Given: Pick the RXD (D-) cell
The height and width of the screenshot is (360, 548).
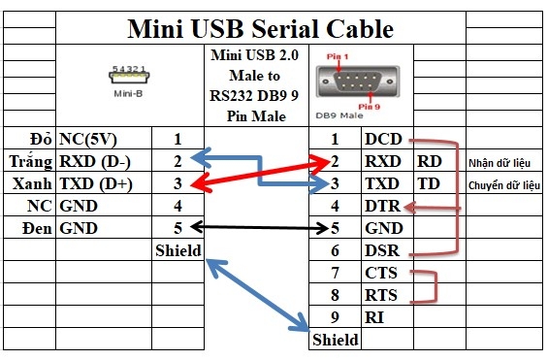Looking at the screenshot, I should (x=96, y=161).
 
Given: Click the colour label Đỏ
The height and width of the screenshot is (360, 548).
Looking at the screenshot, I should (x=41, y=139).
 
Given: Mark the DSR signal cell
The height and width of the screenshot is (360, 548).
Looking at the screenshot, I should (x=382, y=250).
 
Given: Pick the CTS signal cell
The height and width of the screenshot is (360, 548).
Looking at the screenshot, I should (x=382, y=273).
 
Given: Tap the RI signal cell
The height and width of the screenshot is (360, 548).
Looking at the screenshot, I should (x=374, y=315).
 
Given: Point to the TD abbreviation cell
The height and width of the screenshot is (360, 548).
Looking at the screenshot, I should (x=428, y=183).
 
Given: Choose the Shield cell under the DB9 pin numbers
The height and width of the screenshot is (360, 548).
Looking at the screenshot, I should (x=335, y=340).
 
